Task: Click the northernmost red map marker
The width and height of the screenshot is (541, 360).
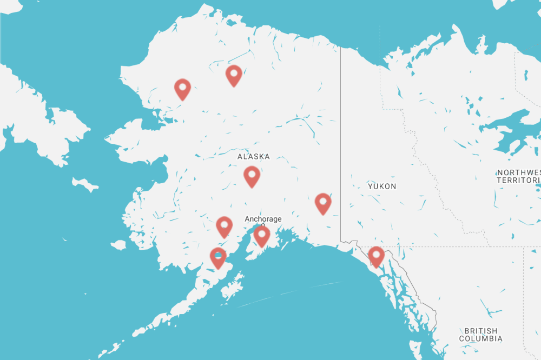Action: click(234, 75)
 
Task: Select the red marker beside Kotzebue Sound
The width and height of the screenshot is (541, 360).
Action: click(183, 89)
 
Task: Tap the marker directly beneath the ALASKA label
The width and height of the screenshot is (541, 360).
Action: click(252, 176)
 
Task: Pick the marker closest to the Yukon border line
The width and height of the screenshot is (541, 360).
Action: click(323, 203)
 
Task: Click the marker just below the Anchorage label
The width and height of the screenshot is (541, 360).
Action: click(262, 235)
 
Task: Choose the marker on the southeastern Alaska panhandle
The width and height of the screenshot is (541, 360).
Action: click(376, 256)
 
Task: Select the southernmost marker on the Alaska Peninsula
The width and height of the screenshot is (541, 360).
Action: click(218, 257)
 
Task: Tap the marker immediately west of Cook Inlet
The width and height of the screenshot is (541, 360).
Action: click(225, 226)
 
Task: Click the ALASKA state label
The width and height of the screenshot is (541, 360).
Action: click(253, 157)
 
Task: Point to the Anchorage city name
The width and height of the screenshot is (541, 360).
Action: click(263, 219)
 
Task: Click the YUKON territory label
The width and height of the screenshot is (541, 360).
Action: click(382, 186)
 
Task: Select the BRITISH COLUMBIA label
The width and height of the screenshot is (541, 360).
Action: click(480, 335)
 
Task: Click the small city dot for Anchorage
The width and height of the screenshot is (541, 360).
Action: click(263, 225)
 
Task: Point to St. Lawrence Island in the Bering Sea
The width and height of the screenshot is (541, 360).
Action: click(85, 184)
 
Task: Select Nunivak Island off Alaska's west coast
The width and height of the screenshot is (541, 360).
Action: click(118, 245)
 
